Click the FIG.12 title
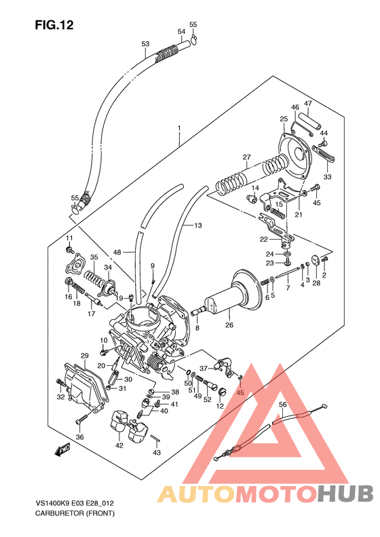(54, 25)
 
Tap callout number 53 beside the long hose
(145, 44)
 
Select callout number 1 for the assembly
(179, 128)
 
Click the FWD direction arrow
(63, 449)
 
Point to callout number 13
(198, 225)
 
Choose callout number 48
(117, 252)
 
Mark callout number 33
(327, 177)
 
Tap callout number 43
(157, 453)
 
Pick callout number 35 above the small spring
(94, 257)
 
